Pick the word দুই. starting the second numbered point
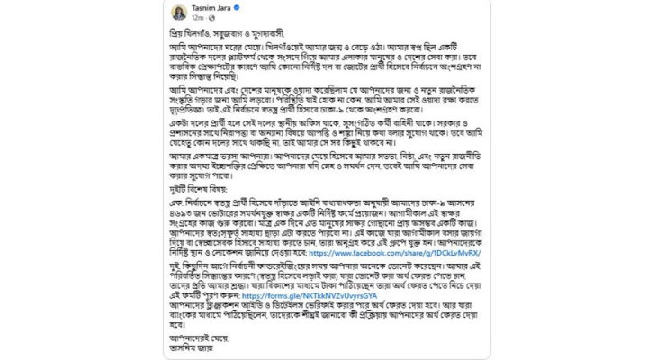pos(175,267)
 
